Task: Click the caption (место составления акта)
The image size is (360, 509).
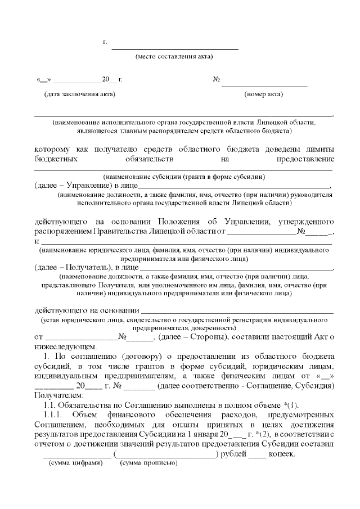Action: [174, 57]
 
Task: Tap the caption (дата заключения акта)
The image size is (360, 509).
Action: [79, 94]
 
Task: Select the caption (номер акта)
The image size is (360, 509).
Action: [264, 94]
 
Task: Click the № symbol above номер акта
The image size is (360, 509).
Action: [216, 79]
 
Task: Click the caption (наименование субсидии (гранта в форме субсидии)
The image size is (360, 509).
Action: [184, 176]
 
